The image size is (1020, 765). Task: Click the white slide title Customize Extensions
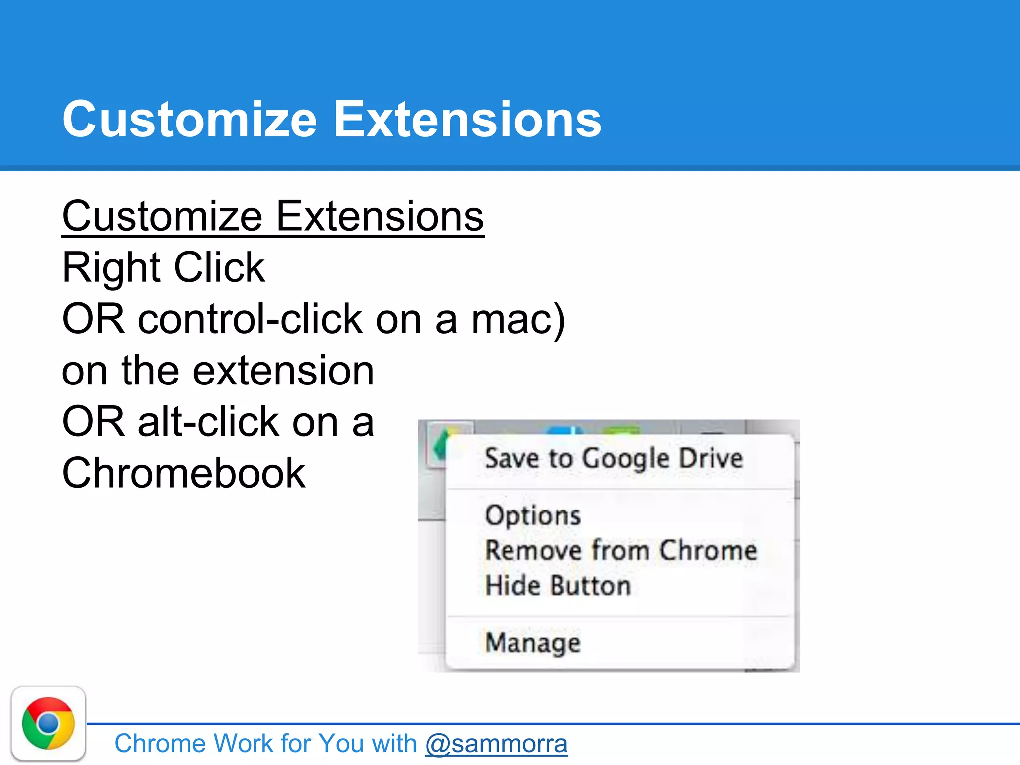pyautogui.click(x=332, y=120)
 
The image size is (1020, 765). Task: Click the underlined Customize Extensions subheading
pyautogui.click(x=273, y=216)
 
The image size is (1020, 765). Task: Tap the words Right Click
pyautogui.click(x=163, y=267)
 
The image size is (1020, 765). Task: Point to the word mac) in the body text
pyautogui.click(x=518, y=319)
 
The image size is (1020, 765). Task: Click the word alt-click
pyautogui.click(x=209, y=422)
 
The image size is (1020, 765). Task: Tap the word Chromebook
pyautogui.click(x=184, y=473)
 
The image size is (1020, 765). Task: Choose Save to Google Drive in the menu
pyautogui.click(x=614, y=458)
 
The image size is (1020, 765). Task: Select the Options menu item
pyautogui.click(x=533, y=515)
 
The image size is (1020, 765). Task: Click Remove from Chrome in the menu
pyautogui.click(x=621, y=550)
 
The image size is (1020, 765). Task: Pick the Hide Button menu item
pyautogui.click(x=558, y=585)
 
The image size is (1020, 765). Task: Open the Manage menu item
pyautogui.click(x=533, y=642)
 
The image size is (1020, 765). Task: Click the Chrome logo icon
pyautogui.click(x=48, y=723)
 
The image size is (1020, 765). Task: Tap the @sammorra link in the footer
pyautogui.click(x=496, y=744)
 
